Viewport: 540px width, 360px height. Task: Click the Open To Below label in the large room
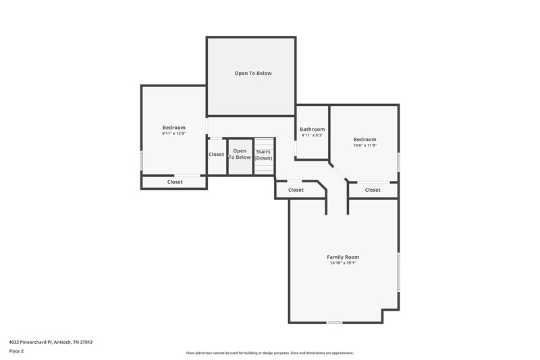253,73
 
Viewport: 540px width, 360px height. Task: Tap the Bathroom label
312,129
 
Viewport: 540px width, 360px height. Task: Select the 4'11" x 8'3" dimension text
312,135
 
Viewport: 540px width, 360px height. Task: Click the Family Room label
343,257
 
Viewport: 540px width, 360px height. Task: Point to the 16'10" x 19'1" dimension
343,263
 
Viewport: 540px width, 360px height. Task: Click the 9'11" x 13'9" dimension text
173,134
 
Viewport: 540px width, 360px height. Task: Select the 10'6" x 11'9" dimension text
364,145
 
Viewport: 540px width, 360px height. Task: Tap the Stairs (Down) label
263,154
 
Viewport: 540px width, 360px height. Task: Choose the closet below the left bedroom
174,182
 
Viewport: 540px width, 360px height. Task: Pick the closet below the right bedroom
373,190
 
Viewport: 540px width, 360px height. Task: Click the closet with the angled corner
296,190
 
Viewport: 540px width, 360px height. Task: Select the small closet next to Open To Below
216,154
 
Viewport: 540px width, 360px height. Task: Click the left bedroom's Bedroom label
173,127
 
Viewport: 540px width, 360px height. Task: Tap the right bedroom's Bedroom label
364,139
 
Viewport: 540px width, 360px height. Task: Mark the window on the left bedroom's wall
141,161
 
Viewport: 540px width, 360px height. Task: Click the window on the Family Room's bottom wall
333,322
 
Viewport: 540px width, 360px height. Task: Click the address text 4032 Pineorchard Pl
51,342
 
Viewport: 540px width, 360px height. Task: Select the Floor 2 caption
16,351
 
